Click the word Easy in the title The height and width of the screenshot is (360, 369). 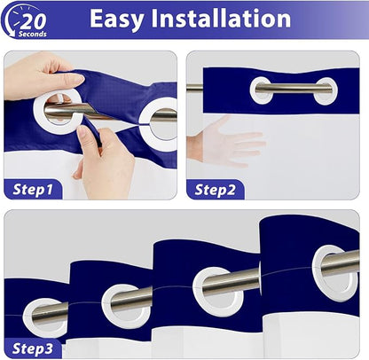[117, 19]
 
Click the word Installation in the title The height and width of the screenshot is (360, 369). [221, 19]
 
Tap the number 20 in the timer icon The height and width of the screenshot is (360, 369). [33, 20]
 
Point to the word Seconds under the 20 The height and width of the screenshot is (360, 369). [33, 34]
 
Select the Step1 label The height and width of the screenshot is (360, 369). [33, 189]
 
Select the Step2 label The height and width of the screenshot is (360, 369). [215, 190]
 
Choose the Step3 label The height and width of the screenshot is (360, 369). [33, 348]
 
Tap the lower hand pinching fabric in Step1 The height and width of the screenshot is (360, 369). [104, 160]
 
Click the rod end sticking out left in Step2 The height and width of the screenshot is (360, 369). [195, 88]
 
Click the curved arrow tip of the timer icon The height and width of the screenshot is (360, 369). [12, 35]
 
